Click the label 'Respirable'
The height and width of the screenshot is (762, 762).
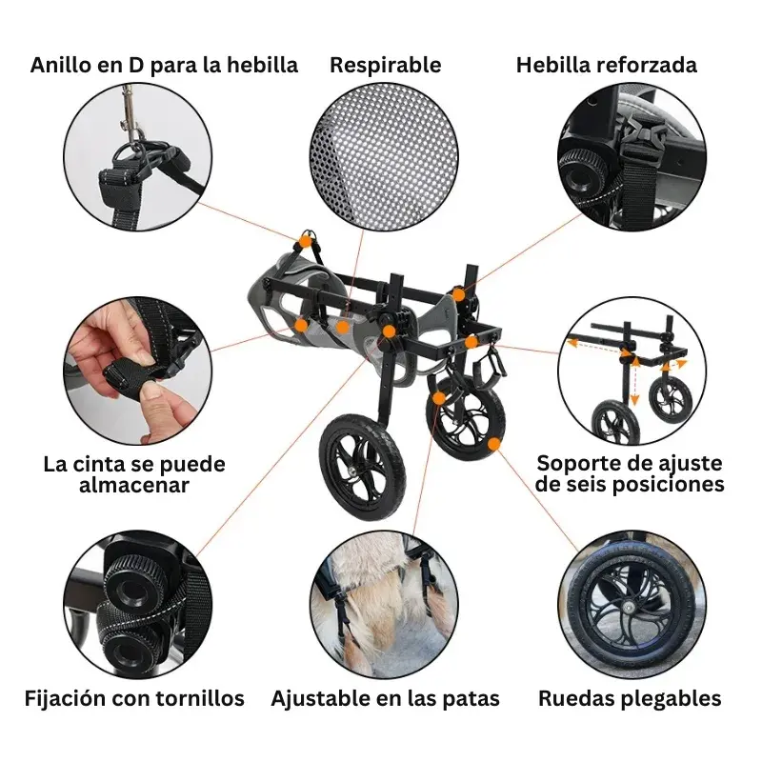[x=386, y=65]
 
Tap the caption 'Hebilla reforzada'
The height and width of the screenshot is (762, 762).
[x=607, y=65]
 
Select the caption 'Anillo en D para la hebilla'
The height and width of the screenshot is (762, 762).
[x=164, y=66]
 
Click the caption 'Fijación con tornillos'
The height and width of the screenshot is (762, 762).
[x=134, y=698]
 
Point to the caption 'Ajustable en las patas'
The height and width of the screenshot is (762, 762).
[x=386, y=699]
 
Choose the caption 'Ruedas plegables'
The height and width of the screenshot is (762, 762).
[x=630, y=699]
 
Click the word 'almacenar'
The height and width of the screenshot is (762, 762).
[x=134, y=485]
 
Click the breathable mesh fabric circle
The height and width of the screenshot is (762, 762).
[x=384, y=157]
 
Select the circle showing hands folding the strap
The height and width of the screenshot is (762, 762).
[x=137, y=371]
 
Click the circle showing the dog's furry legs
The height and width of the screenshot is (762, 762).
[x=384, y=605]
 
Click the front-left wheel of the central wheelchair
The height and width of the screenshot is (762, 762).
[x=362, y=466]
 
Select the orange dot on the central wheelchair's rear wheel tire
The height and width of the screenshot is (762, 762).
[x=493, y=444]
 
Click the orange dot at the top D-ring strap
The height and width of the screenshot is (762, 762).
[x=305, y=241]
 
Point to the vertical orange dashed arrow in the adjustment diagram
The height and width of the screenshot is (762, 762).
[x=634, y=380]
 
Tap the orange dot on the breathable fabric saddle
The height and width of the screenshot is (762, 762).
[x=343, y=327]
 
